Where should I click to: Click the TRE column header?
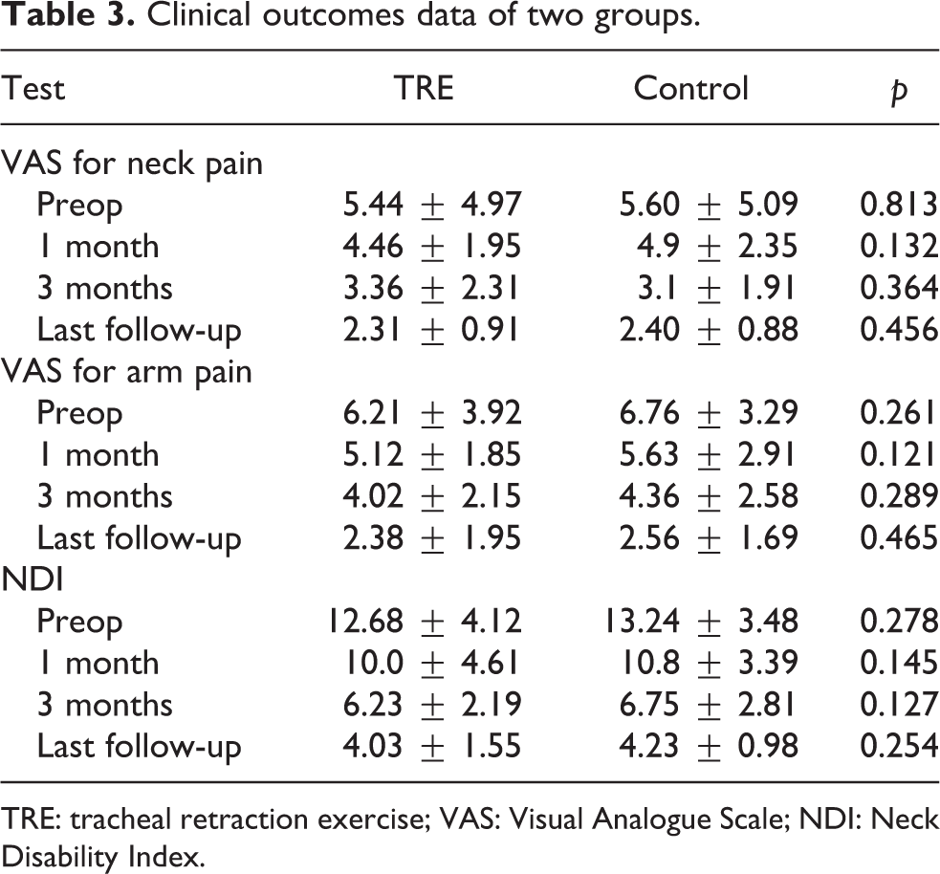(424, 88)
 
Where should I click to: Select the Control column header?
(691, 88)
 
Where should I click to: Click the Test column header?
(33, 88)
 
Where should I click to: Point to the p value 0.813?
(899, 205)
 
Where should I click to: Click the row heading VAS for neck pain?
(132, 164)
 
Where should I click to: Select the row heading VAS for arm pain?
(126, 372)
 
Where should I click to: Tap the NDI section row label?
(33, 579)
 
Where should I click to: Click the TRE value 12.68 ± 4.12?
(424, 621)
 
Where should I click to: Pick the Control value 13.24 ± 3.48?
(700, 621)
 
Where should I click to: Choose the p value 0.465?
(899, 537)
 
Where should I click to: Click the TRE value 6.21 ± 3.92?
(432, 413)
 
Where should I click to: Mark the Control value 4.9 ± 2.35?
(717, 247)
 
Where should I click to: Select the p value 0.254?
(899, 746)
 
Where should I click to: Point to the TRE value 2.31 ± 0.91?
(430, 330)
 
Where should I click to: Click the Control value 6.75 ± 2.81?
(708, 705)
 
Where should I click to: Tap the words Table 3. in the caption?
(68, 15)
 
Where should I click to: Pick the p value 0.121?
(897, 454)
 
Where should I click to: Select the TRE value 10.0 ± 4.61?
(430, 663)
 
